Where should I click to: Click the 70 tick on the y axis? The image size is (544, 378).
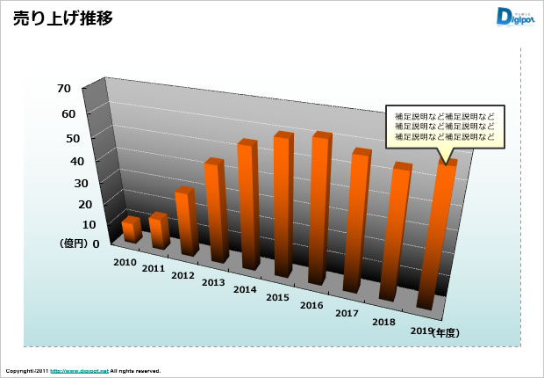[64, 89]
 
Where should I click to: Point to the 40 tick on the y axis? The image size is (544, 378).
[64, 162]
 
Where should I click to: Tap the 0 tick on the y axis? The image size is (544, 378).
[96, 244]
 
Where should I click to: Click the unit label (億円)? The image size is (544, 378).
[74, 244]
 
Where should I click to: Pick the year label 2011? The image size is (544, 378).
[154, 269]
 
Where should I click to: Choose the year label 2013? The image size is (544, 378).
[213, 283]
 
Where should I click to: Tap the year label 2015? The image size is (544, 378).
[278, 298]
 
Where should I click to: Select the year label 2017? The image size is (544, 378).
[347, 314]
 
